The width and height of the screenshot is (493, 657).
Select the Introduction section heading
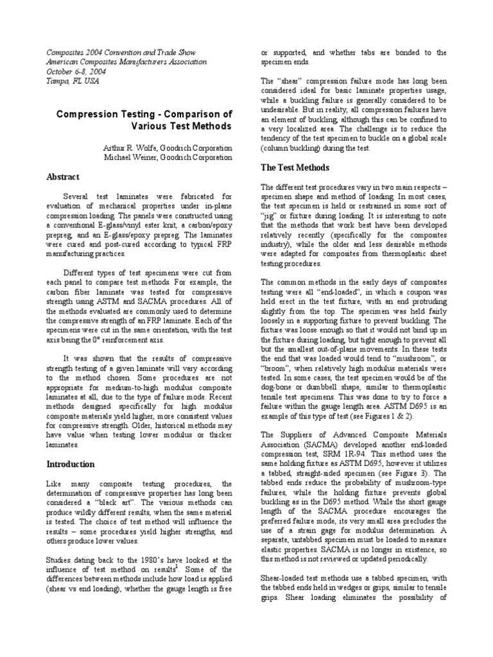click(x=70, y=464)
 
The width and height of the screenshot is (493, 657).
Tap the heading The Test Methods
click(x=295, y=167)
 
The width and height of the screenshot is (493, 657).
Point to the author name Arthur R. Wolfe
click(x=128, y=148)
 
